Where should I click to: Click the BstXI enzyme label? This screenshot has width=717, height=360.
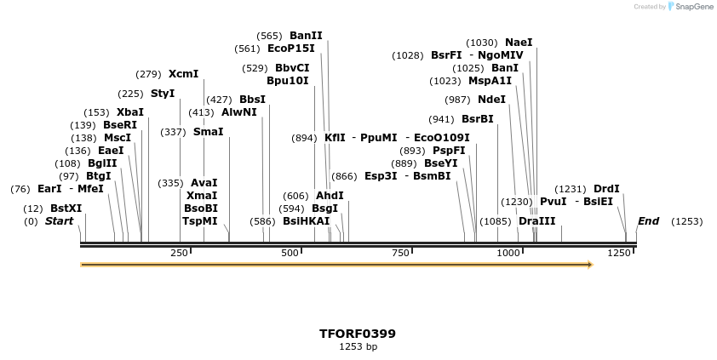pos(66,208)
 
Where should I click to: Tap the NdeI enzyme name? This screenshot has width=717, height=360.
pos(491,100)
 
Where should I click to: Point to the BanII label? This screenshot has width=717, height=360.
pos(306,36)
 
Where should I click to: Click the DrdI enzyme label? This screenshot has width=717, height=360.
pos(606,189)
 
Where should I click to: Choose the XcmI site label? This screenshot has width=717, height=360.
pos(183,74)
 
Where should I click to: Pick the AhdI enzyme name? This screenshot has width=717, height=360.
pos(330,196)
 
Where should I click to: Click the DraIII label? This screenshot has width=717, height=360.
pos(536,221)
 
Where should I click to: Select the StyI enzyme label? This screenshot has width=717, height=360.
pos(163,94)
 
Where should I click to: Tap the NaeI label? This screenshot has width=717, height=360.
pos(519,43)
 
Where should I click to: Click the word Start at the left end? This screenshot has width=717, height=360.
pos(60,221)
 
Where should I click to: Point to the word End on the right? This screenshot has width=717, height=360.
pos(648,221)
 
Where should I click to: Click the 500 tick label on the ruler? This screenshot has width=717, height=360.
pos(290,253)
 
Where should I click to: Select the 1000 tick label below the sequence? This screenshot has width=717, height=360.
pos(508,253)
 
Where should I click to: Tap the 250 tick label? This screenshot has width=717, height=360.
pos(179,253)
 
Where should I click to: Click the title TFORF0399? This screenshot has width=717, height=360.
pos(358,334)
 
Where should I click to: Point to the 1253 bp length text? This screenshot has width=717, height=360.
pos(358,347)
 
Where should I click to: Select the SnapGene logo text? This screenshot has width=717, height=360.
pos(691,7)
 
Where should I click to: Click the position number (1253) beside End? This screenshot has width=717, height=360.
pos(686,221)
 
